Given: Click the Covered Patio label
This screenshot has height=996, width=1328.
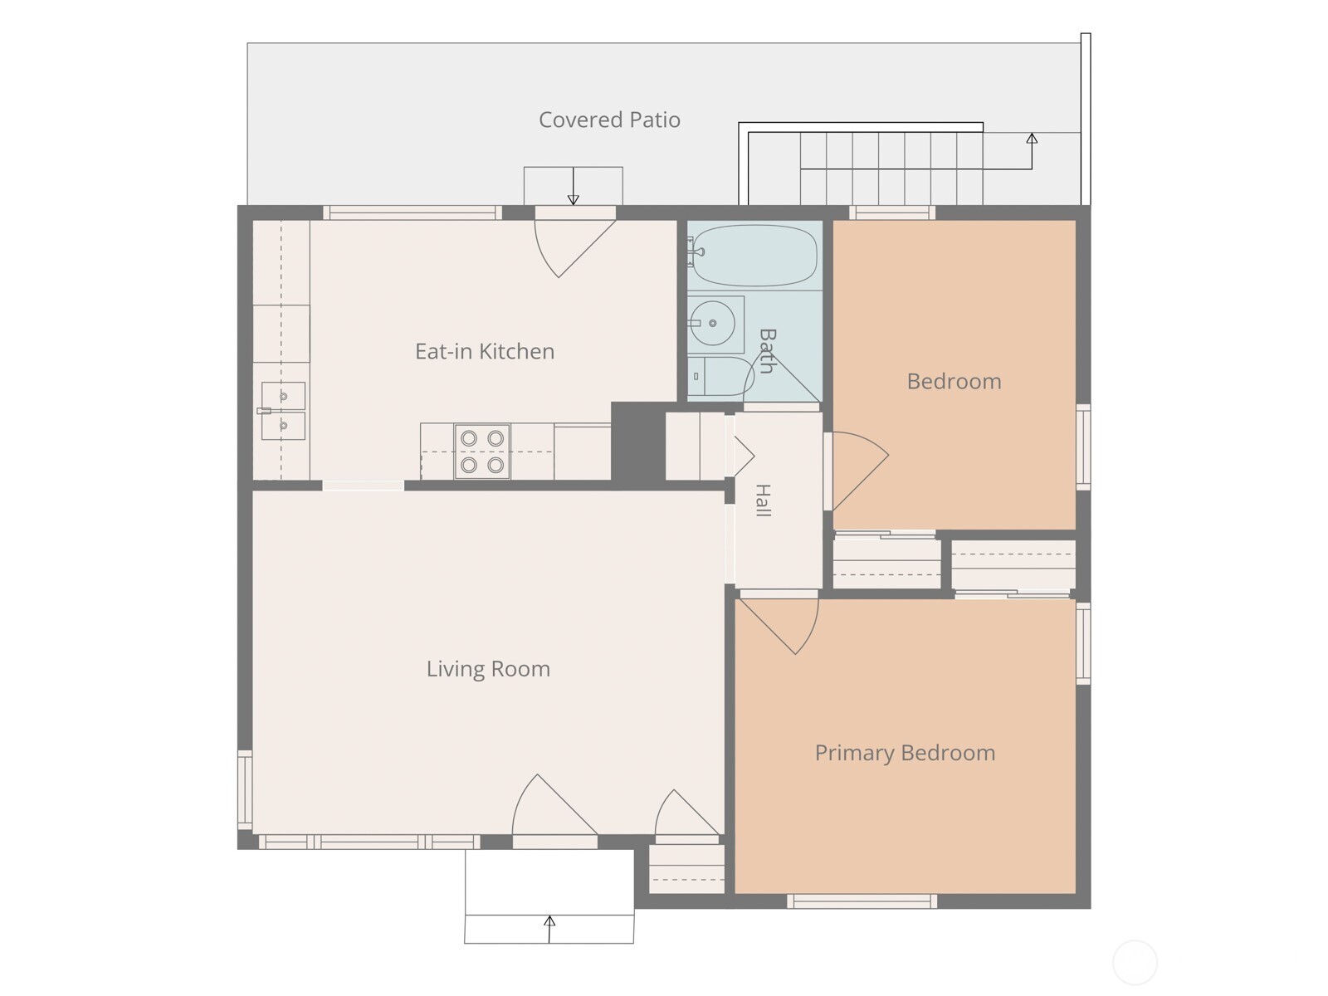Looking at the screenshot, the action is click(609, 120).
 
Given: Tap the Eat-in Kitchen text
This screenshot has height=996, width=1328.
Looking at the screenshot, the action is click(485, 351).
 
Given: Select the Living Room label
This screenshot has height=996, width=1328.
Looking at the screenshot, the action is click(488, 669).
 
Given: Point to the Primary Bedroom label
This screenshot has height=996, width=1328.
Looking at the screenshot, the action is click(905, 753).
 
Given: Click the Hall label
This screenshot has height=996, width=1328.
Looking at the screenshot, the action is click(764, 500).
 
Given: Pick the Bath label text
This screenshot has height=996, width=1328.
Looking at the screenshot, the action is click(767, 351).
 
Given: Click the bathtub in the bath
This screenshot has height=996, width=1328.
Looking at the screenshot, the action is click(754, 255).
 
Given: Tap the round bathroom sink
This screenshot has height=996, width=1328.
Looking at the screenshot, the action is click(713, 324).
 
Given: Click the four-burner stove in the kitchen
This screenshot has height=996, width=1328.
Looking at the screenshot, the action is click(482, 452).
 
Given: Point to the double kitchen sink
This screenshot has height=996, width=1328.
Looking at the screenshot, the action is click(282, 411).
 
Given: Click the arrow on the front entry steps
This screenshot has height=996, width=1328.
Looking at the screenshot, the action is click(549, 930).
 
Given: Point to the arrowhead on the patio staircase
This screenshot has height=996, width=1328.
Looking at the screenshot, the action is click(1033, 139).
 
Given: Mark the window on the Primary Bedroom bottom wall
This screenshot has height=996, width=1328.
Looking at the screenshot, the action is click(862, 901).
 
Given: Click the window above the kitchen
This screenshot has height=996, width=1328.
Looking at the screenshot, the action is click(413, 212).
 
